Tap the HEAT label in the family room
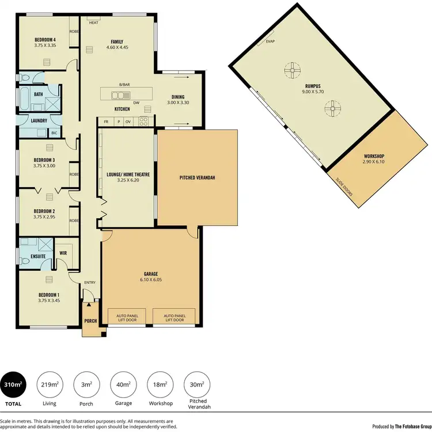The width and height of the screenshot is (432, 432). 93,22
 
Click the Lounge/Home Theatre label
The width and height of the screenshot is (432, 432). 128,173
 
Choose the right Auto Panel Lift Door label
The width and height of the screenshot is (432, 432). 174,318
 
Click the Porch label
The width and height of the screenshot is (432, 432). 90,321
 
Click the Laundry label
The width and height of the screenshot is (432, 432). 31,120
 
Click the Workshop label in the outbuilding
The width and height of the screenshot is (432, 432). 374,157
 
